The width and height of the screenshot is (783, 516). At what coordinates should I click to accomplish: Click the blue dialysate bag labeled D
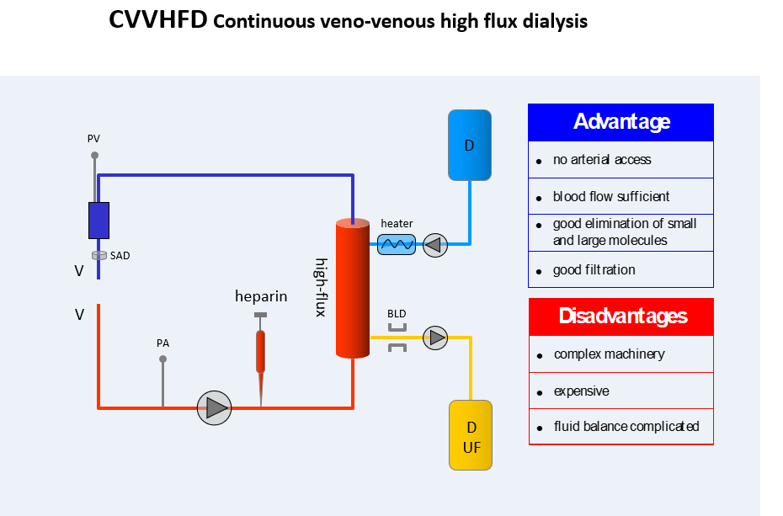pyautogui.click(x=469, y=145)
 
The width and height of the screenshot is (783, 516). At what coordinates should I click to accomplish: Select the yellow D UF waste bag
pyautogui.click(x=471, y=435)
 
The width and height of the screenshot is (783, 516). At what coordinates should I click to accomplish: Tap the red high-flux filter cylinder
pyautogui.click(x=353, y=289)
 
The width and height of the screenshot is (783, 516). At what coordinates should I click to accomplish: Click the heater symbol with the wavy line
pyautogui.click(x=397, y=245)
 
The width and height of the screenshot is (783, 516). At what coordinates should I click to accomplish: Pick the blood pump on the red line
pyautogui.click(x=214, y=407)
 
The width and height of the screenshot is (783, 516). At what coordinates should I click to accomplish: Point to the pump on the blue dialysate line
pyautogui.click(x=435, y=245)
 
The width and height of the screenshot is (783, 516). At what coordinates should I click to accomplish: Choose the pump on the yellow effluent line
pyautogui.click(x=435, y=338)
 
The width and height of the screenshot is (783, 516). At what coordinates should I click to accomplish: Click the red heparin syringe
pyautogui.click(x=261, y=351)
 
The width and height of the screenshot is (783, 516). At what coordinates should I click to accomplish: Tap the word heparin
pyautogui.click(x=261, y=296)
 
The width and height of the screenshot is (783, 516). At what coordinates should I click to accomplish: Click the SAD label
pyautogui.click(x=120, y=255)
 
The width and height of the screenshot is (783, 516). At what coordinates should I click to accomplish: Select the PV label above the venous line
pyautogui.click(x=93, y=138)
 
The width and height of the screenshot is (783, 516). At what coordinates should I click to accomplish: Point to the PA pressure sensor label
pyautogui.click(x=162, y=343)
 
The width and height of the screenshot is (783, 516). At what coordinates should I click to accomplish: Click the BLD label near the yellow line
pyautogui.click(x=397, y=314)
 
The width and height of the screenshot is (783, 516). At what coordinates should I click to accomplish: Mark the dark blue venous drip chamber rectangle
pyautogui.click(x=99, y=221)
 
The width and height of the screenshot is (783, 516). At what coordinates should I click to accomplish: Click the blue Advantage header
pyautogui.click(x=621, y=122)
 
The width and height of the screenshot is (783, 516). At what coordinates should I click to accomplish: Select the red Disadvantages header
pyautogui.click(x=621, y=317)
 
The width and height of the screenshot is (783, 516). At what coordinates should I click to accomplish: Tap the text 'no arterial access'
pyautogui.click(x=601, y=159)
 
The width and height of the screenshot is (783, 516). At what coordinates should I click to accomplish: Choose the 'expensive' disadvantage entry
pyautogui.click(x=581, y=391)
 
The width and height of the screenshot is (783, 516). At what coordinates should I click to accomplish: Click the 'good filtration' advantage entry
pyautogui.click(x=594, y=270)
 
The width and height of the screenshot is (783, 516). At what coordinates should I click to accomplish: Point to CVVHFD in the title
pyautogui.click(x=157, y=21)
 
